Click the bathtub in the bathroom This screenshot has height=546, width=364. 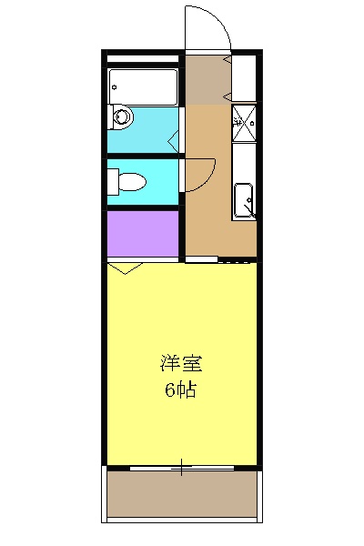tap(142, 86)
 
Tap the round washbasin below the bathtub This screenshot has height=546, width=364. tap(122, 116)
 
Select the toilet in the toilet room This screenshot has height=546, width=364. tap(129, 181)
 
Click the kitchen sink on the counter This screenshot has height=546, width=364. tap(244, 199)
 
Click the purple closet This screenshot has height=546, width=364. tap(142, 235)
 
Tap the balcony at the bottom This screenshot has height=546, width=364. tap(182, 495)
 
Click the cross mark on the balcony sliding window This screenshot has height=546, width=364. tap(183, 469)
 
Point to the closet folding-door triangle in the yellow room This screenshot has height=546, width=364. tap(125, 268)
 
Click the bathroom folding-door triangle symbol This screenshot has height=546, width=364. tap(173, 139)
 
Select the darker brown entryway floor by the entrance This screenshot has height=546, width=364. tap(207, 80)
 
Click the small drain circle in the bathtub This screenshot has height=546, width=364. tap(113, 90)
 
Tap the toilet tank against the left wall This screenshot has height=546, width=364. tap(113, 181)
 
